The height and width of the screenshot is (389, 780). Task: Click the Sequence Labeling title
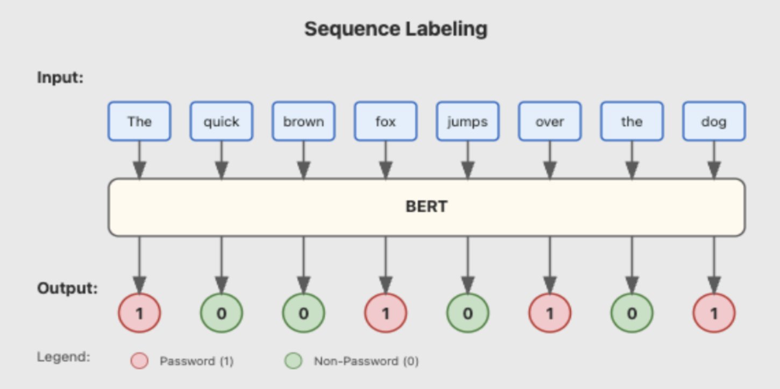(x=395, y=29)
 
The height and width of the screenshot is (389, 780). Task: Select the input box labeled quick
(x=221, y=121)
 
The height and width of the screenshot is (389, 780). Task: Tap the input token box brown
(x=303, y=121)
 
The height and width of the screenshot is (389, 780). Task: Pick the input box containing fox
(x=386, y=121)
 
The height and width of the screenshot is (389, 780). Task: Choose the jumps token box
(x=467, y=121)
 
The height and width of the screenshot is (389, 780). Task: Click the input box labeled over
(x=550, y=121)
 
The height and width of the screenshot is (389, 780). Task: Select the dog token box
(x=714, y=121)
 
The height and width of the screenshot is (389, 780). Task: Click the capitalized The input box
(x=139, y=121)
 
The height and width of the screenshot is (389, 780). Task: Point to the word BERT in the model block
(x=426, y=207)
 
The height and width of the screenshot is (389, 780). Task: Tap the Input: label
(x=60, y=77)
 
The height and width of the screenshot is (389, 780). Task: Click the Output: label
(x=67, y=289)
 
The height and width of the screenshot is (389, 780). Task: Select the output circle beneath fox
(x=386, y=313)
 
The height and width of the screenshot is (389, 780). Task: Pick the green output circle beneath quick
(x=221, y=313)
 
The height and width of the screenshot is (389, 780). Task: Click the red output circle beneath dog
(x=714, y=313)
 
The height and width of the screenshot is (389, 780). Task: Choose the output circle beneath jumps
(x=467, y=313)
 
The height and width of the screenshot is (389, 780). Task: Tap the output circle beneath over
(x=550, y=313)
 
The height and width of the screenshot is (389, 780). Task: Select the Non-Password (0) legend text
(x=366, y=362)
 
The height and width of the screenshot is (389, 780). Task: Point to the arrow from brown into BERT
(x=303, y=160)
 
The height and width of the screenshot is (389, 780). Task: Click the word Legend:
(x=63, y=357)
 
